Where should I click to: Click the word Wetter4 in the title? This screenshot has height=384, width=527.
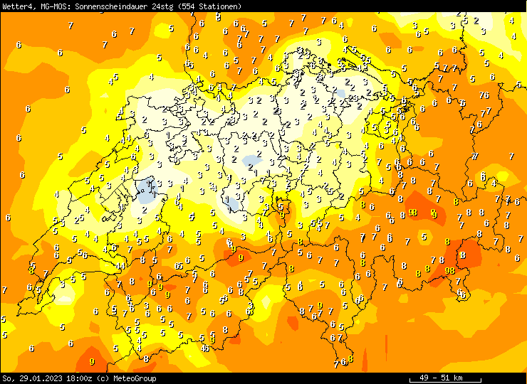click(x=16, y=6)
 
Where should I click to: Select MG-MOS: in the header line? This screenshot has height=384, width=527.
click(x=52, y=6)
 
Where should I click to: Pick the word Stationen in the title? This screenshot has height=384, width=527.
click(x=222, y=6)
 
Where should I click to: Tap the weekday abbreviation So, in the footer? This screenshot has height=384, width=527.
click(x=8, y=378)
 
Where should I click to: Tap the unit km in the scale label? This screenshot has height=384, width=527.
click(x=458, y=378)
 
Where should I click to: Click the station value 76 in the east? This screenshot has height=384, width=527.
click(x=484, y=95)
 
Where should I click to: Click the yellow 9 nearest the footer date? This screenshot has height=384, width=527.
click(x=92, y=363)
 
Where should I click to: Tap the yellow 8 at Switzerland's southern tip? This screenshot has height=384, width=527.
click(x=350, y=359)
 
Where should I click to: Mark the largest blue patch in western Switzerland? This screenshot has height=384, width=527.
click(x=148, y=188)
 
